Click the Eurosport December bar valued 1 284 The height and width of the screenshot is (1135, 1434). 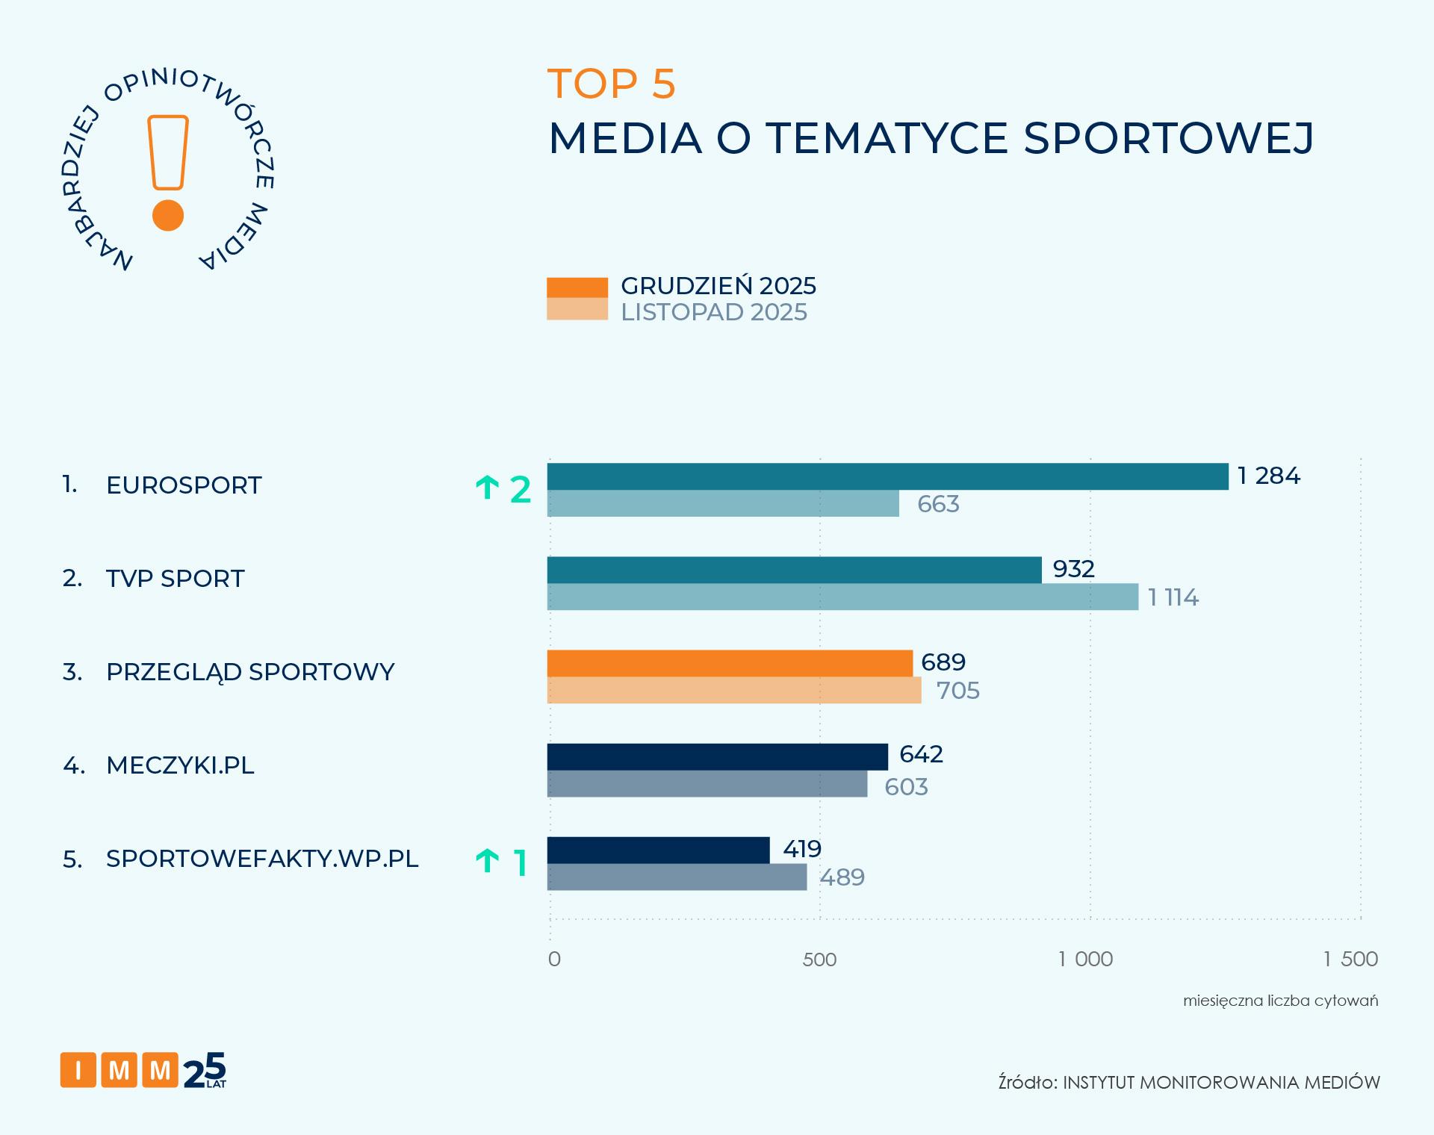click(x=887, y=476)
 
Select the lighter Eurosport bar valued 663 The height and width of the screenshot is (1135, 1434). click(x=723, y=504)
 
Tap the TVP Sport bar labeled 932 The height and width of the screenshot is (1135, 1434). click(x=794, y=570)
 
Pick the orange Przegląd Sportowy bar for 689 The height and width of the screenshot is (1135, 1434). click(x=730, y=663)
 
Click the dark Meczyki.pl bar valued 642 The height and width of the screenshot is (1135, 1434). click(x=717, y=756)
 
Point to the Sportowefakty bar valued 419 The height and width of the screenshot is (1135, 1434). click(x=658, y=850)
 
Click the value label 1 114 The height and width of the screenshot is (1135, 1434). click(x=1173, y=597)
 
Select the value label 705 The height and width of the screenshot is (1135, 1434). click(x=957, y=691)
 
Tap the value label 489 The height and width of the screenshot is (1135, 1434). click(x=842, y=877)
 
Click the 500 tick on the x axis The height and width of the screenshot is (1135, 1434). click(x=819, y=960)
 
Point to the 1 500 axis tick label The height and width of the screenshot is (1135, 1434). click(x=1350, y=960)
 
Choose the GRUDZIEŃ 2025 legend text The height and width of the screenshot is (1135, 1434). click(x=718, y=286)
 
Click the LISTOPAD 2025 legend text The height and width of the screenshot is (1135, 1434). click(x=714, y=312)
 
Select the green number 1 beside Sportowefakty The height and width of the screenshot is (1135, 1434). click(x=521, y=863)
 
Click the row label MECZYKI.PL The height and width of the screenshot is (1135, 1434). click(x=180, y=765)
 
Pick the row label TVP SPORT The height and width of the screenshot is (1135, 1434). click(x=175, y=579)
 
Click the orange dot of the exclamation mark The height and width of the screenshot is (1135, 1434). click(x=168, y=215)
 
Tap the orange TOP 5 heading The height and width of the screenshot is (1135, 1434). click(x=611, y=84)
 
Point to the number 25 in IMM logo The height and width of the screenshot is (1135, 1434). click(x=204, y=1070)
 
